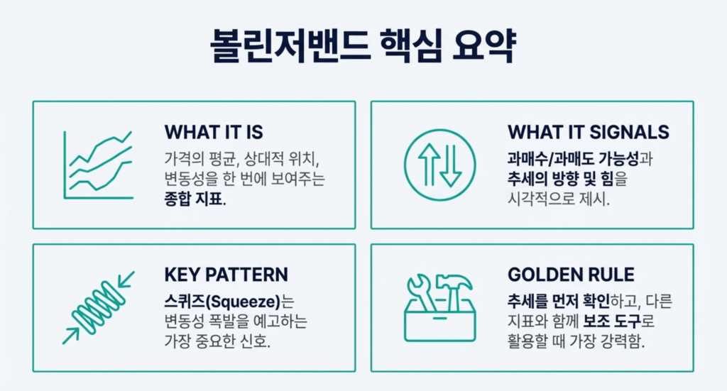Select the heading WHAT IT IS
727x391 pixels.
tap(214, 132)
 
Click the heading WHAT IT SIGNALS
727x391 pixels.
tap(588, 132)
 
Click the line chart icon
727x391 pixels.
tap(97, 165)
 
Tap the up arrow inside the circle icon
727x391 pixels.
tap(429, 165)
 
